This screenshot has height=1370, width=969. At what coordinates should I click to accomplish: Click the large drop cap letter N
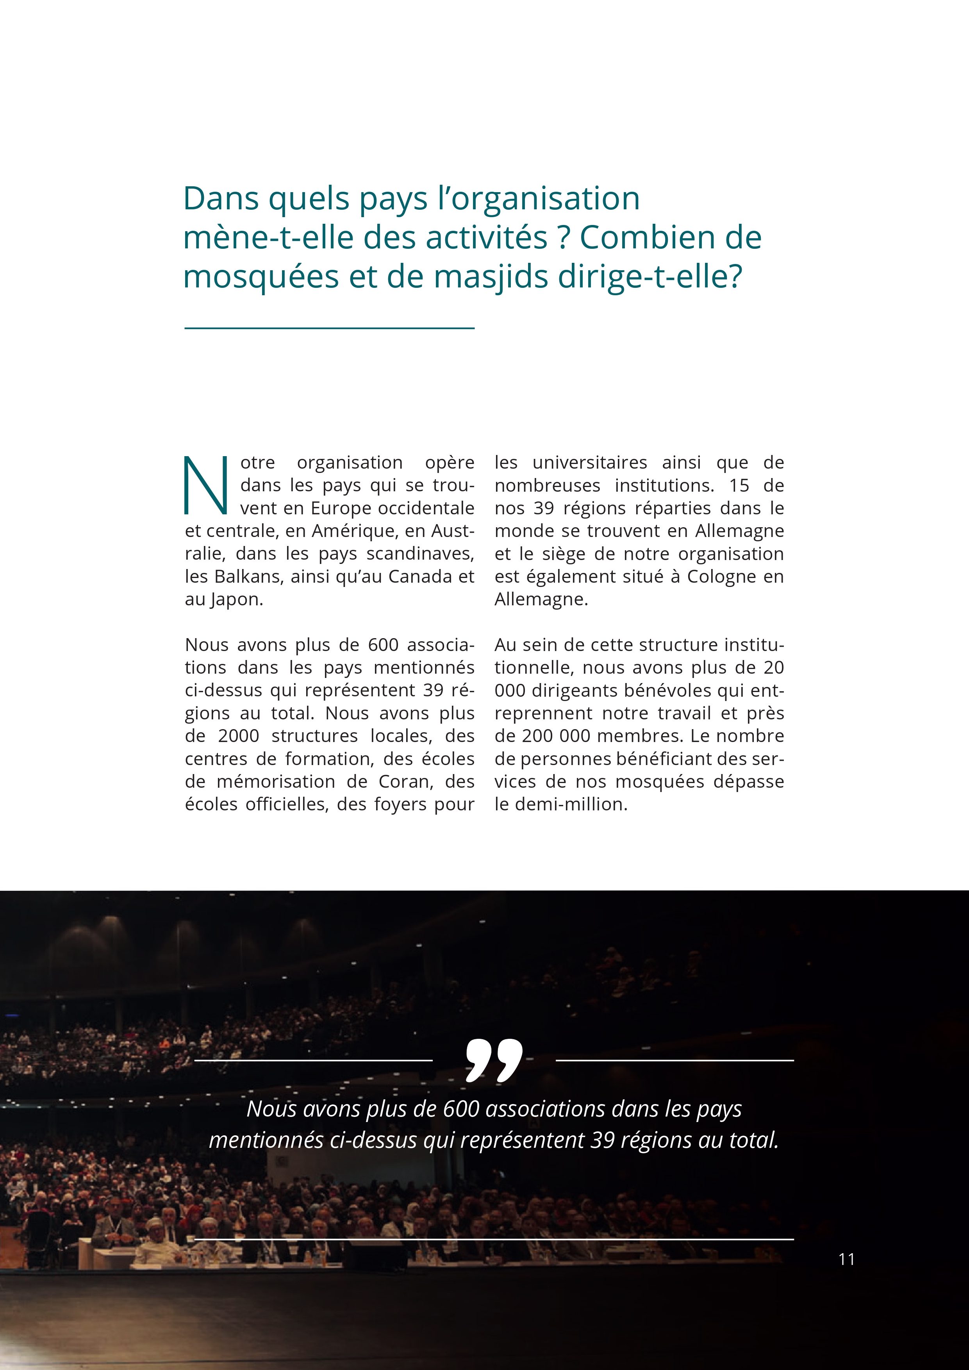[205, 485]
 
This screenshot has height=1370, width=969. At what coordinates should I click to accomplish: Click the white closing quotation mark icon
[493, 1060]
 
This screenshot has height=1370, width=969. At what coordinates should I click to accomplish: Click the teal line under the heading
[329, 328]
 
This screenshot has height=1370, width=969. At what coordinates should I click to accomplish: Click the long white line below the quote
[494, 1239]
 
